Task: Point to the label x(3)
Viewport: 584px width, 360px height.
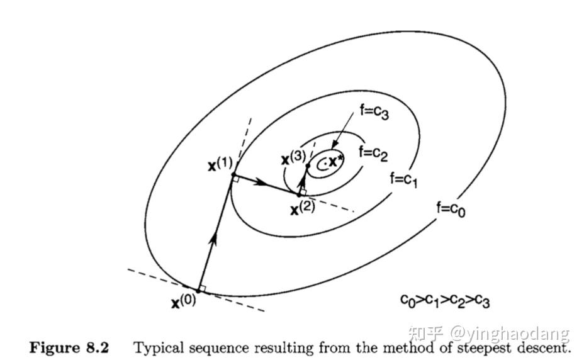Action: pos(293,157)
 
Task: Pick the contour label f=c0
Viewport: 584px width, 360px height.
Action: pos(451,208)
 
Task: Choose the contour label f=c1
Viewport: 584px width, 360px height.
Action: pos(404,179)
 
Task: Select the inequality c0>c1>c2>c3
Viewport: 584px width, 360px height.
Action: pos(444,301)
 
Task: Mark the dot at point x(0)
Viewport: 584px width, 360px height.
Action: pos(198,290)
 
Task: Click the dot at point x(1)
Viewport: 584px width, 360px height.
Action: pos(233,174)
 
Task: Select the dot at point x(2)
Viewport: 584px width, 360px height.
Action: pos(299,195)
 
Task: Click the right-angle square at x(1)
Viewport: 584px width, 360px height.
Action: pos(235,179)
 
